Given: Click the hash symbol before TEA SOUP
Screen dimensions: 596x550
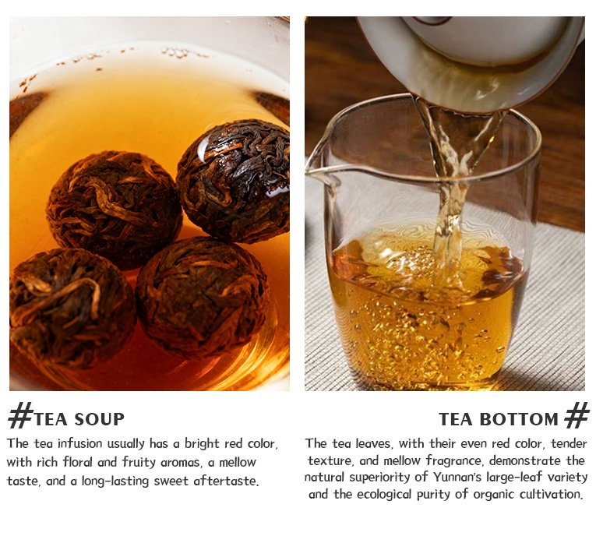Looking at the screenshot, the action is (x=20, y=416).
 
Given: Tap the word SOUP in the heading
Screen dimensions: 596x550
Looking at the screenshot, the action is (x=99, y=419).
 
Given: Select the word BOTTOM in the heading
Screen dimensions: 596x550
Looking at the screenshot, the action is (x=518, y=419).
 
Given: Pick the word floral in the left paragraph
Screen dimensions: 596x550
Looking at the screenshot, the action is (x=78, y=462).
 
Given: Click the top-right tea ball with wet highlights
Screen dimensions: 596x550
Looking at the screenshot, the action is (x=234, y=181).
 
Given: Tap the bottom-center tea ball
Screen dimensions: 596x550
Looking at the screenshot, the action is (x=203, y=297).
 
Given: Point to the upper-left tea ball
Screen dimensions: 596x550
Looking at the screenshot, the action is (x=114, y=209).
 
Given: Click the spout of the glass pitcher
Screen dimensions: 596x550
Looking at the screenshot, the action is (x=319, y=173).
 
